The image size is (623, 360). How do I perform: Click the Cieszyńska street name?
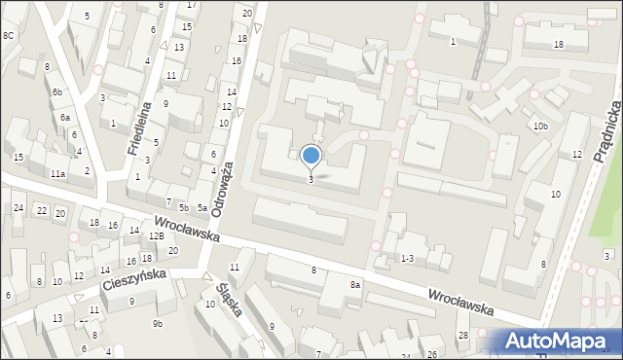click(134, 281)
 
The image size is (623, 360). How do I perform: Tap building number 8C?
click(9, 35)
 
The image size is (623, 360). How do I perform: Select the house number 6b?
click(58, 91)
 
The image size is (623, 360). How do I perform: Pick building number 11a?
click(58, 174)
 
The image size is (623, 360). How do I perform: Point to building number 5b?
click(183, 208)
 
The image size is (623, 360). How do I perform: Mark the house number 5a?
click(202, 208)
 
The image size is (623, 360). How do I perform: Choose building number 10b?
click(540, 126)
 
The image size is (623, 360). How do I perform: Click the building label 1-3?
click(408, 258)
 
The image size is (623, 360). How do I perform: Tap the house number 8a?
click(355, 284)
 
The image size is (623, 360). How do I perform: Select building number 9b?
click(157, 322)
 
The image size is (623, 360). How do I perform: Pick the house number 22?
click(41, 211)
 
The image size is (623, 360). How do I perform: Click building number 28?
click(462, 335)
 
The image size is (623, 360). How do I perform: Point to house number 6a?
click(65, 117)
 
